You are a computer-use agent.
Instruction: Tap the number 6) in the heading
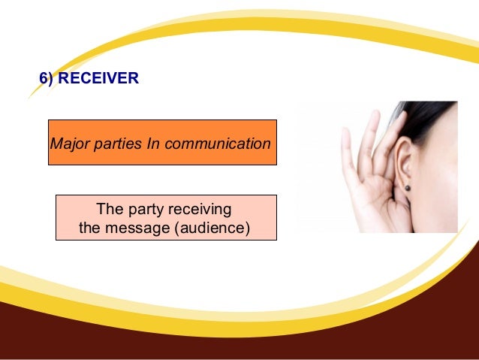47,77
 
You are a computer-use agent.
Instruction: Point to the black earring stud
407,187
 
